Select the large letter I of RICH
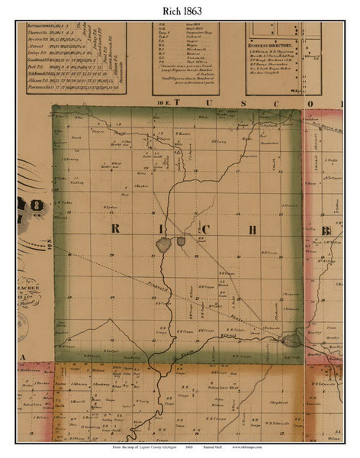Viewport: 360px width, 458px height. coord(159,230)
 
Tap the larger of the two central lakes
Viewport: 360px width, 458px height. coord(162,244)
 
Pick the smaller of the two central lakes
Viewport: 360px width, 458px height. coord(181,242)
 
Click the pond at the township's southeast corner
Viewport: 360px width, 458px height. coord(291,340)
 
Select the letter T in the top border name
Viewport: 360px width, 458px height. coord(176,100)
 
